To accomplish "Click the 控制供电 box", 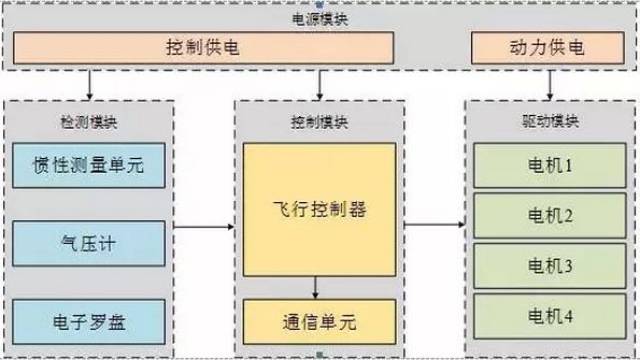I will tap(215, 48).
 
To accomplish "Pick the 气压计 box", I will tap(88, 243).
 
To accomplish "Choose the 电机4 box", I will tap(549, 319).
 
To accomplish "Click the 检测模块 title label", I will tap(88, 122).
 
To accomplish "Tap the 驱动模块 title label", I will tap(549, 122).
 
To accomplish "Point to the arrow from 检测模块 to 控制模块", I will tap(204, 228).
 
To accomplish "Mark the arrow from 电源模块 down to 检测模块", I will tap(90, 84).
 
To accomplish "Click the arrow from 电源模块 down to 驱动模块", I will tap(548, 84).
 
